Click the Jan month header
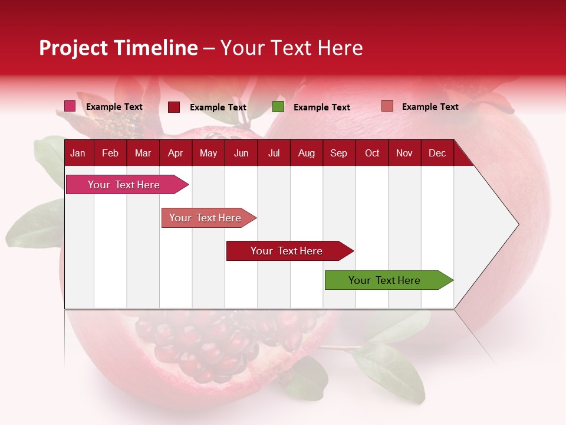coord(78,153)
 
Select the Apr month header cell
coord(176,153)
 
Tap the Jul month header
coord(274,153)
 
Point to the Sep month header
coord(339,153)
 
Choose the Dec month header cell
coord(437,153)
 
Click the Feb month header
coord(110,153)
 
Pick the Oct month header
coord(372,153)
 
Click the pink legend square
coord(70,106)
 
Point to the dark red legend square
coord(174,107)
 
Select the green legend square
coord(278,107)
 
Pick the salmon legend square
coord(387,106)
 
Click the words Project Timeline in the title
coord(119,48)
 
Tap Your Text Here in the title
coord(292,48)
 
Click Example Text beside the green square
coord(322,107)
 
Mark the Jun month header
coord(241,153)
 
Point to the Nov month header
coord(404,153)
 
